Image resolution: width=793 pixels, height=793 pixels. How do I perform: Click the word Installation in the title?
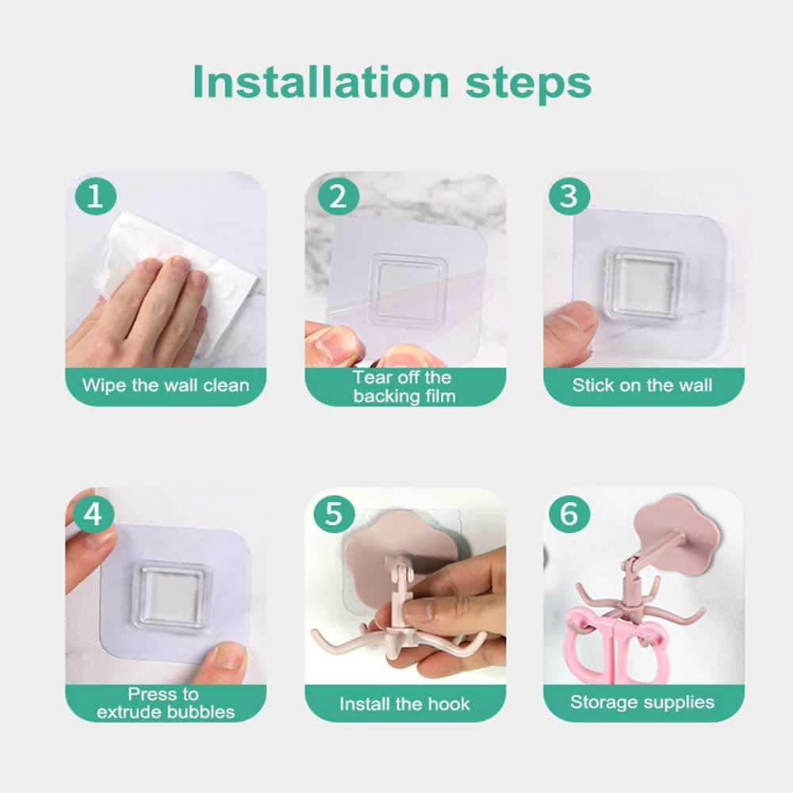pos(321,82)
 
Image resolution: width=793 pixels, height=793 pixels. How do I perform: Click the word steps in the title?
pos(528,85)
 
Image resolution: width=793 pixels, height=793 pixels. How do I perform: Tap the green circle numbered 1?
pos(96,196)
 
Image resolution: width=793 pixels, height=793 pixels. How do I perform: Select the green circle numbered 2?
pos(339,197)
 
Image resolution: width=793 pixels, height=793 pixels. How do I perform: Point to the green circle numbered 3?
pos(569,196)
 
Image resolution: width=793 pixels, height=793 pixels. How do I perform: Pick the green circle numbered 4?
pos(94,514)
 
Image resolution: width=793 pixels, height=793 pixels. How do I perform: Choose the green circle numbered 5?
pos(334,514)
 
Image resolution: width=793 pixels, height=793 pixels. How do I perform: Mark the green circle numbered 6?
pos(569,514)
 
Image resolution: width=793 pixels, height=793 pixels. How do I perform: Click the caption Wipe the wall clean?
pos(166,385)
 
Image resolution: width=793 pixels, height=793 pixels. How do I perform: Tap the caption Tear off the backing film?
pos(404,387)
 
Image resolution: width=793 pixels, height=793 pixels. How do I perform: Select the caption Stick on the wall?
pos(642,385)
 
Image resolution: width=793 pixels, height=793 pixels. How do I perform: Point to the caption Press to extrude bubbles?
pos(166,703)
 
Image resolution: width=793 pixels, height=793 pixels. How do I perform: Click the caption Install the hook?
pos(404,704)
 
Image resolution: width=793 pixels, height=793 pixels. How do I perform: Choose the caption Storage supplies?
pos(642,703)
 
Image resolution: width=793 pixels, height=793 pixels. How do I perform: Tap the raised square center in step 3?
pos(646,284)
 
